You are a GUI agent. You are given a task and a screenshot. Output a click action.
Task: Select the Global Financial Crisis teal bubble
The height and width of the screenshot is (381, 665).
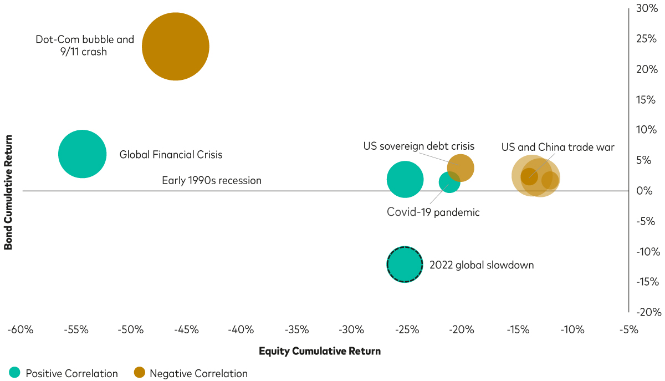(x=82, y=154)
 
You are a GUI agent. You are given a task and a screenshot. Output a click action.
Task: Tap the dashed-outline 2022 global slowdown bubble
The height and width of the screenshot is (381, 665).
(x=405, y=265)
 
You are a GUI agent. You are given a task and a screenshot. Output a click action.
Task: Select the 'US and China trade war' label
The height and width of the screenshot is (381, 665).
(x=558, y=147)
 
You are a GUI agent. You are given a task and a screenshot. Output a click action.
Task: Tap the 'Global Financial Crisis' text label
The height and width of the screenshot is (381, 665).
(x=171, y=155)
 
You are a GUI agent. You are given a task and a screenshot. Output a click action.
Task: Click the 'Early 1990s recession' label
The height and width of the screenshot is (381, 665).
(x=211, y=180)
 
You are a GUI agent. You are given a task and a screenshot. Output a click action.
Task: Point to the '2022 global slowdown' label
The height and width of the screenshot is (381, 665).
(x=482, y=265)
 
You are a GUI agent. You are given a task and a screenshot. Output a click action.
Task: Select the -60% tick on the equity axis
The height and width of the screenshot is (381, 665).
(x=20, y=330)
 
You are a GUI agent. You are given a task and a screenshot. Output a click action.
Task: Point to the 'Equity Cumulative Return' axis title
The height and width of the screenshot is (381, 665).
(x=320, y=351)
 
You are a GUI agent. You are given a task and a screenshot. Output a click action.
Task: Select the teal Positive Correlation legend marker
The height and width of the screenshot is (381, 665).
(x=14, y=373)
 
